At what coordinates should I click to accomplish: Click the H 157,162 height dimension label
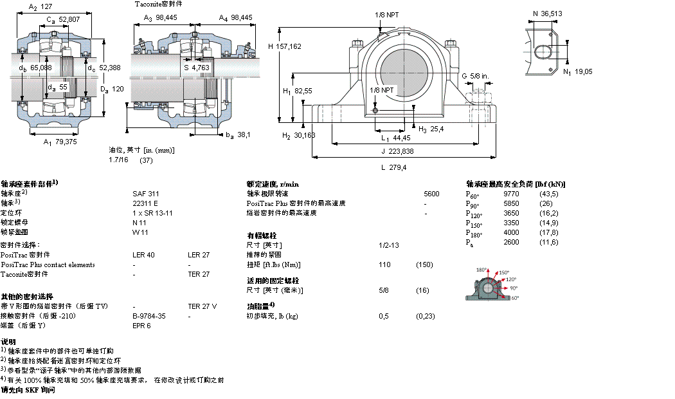pyautogui.click(x=284, y=46)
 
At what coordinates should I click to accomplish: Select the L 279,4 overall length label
pyautogui.click(x=393, y=167)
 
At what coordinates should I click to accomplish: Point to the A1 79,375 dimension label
pyautogui.click(x=59, y=142)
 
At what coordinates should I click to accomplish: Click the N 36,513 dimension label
pyautogui.click(x=547, y=13)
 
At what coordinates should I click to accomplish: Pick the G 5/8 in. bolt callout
pyautogui.click(x=475, y=76)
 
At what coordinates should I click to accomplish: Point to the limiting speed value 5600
pyautogui.click(x=431, y=193)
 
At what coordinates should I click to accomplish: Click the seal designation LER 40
pyautogui.click(x=143, y=255)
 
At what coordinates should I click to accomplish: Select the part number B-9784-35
pyautogui.click(x=149, y=316)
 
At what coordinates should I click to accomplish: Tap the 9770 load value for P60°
pyautogui.click(x=511, y=193)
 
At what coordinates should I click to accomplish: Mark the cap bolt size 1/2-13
pyautogui.click(x=388, y=245)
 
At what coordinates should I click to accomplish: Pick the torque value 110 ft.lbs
pyautogui.click(x=384, y=264)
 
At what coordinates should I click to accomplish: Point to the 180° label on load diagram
pyautogui.click(x=482, y=270)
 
